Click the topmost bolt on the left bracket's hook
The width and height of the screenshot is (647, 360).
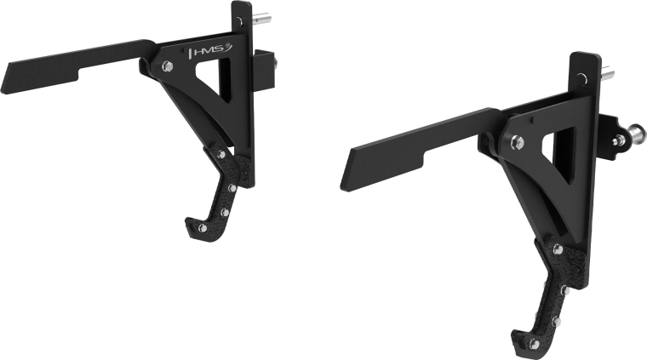220,153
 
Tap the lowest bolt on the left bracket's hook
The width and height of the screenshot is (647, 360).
202,227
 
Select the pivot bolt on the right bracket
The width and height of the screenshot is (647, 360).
517,142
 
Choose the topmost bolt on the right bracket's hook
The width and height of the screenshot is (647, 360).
557,249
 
